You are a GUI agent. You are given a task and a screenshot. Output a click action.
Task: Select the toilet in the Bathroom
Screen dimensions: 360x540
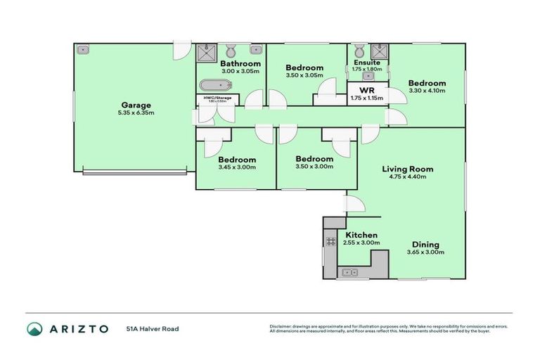click(231, 49)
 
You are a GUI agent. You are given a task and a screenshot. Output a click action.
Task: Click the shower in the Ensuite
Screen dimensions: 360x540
click(378, 50)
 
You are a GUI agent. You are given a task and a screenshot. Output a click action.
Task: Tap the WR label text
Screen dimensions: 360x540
click(366, 90)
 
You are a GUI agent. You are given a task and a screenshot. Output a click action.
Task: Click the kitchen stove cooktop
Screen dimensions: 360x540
click(330, 241)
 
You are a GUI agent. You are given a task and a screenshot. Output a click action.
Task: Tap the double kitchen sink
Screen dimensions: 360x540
click(349, 271)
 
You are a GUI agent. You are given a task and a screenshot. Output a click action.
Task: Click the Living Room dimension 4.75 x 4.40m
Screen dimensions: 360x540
click(407, 177)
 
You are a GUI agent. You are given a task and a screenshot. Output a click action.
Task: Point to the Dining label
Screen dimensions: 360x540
click(425, 244)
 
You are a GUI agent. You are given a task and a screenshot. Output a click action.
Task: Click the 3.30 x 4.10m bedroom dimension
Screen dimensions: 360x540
click(427, 90)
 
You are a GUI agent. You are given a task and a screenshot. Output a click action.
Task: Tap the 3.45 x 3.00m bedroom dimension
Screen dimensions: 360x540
click(236, 167)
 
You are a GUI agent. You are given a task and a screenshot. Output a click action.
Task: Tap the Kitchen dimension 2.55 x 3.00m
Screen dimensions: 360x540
click(361, 243)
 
